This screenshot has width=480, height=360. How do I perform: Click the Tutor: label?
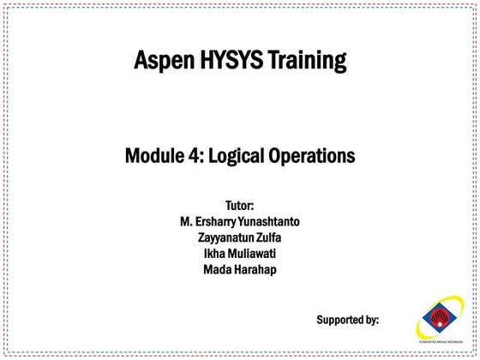(240, 206)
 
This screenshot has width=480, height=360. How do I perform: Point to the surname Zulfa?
(270, 237)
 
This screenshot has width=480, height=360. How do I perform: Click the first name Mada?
(218, 269)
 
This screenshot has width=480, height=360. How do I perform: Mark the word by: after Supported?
(370, 320)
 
